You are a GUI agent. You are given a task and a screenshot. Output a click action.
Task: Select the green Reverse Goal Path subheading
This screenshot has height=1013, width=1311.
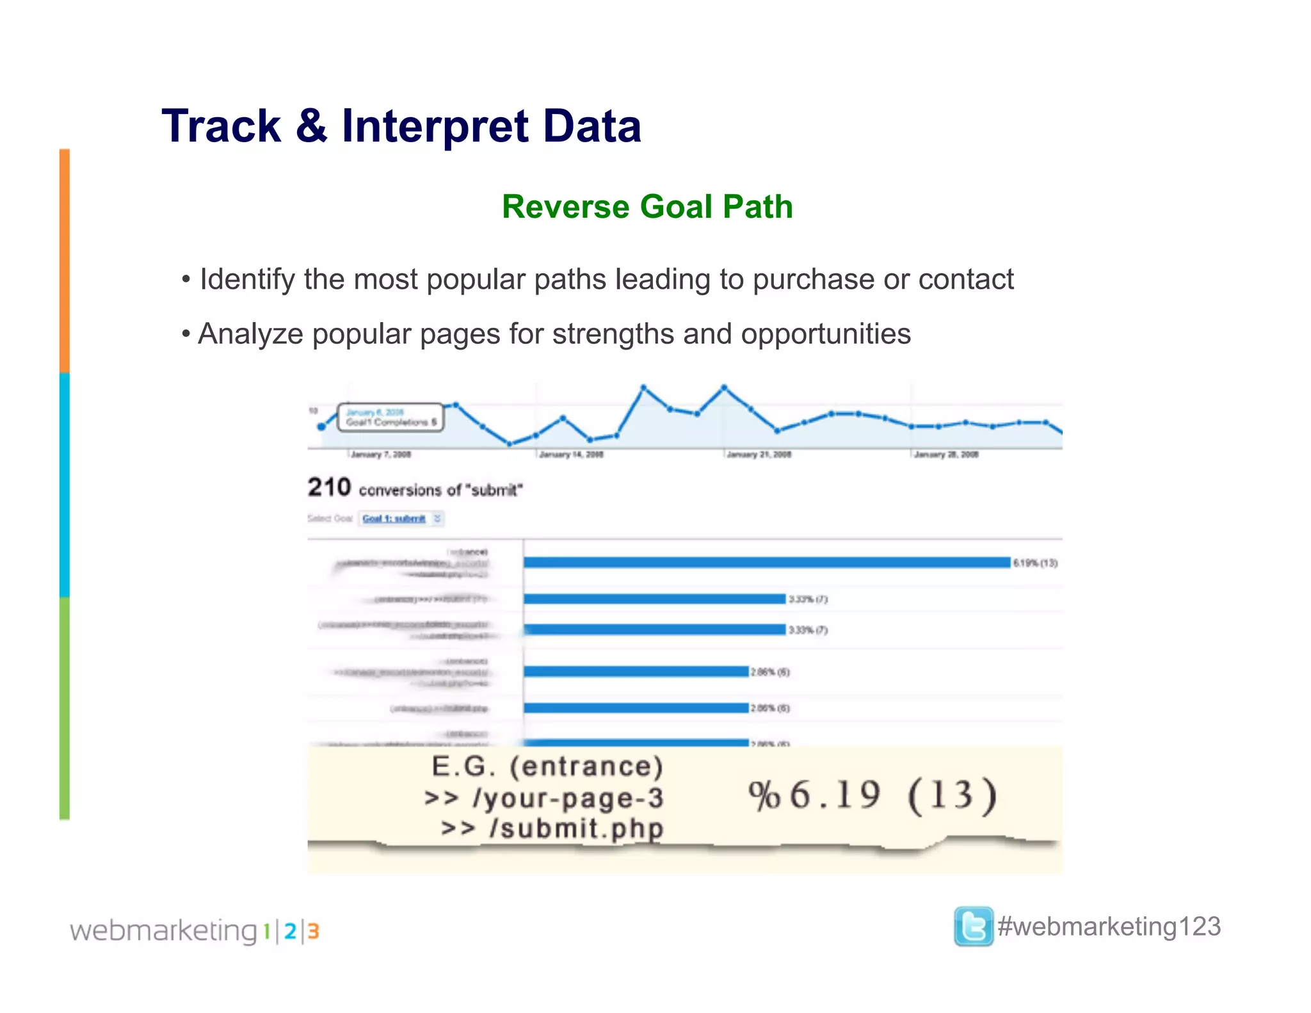click(x=647, y=207)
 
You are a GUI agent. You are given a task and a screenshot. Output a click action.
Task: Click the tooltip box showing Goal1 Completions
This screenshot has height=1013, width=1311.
click(x=390, y=417)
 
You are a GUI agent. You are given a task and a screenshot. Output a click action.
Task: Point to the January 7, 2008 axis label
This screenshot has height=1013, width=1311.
click(x=381, y=455)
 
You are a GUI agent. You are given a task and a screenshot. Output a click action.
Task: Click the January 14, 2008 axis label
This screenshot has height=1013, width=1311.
click(x=571, y=455)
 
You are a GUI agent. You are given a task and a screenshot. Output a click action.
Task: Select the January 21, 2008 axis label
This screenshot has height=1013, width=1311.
click(x=759, y=455)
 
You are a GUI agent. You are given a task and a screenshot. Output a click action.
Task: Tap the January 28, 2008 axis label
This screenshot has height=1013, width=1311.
click(x=946, y=455)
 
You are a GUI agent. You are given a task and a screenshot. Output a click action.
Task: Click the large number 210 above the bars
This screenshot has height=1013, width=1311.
click(x=329, y=487)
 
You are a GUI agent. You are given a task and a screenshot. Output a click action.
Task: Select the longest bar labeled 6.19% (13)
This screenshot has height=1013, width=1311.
click(x=766, y=562)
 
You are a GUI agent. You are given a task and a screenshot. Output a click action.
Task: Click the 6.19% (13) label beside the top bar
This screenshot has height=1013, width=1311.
click(x=1035, y=563)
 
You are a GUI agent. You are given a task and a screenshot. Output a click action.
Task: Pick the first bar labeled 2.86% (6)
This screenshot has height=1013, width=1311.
click(x=636, y=671)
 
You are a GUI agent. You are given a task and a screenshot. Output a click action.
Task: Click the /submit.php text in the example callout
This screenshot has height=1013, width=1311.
click(x=576, y=828)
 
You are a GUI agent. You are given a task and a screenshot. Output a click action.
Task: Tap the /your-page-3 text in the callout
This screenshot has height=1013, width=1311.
click(x=568, y=798)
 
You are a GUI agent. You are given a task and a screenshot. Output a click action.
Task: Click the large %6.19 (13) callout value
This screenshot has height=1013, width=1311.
click(x=872, y=796)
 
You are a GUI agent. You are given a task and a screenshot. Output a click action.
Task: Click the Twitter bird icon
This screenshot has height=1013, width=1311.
click(x=973, y=926)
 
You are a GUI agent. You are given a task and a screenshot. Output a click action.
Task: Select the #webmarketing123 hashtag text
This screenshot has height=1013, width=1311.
click(x=1109, y=927)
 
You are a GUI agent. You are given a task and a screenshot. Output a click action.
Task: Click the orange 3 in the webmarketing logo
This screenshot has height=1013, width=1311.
click(x=313, y=931)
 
